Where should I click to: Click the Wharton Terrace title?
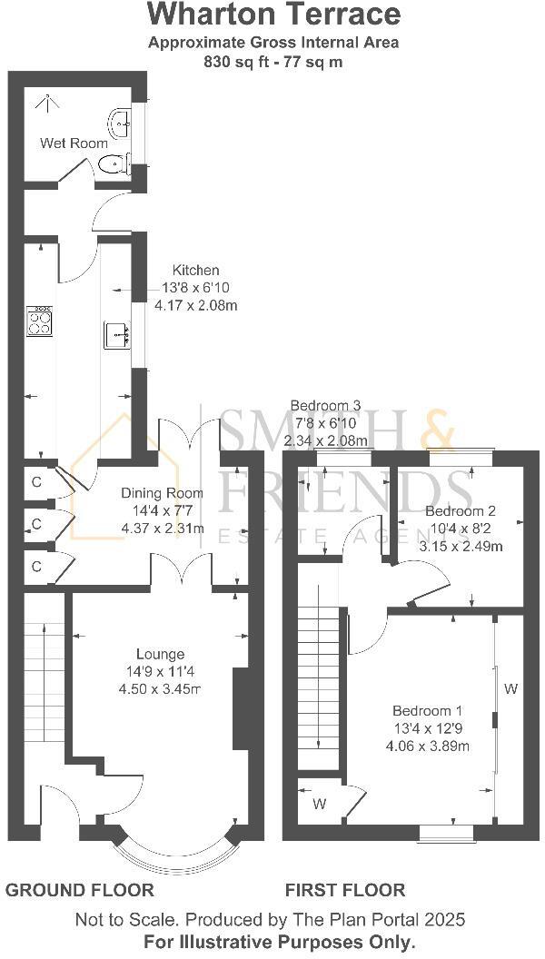pyautogui.click(x=273, y=15)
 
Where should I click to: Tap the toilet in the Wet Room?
pyautogui.click(x=112, y=164)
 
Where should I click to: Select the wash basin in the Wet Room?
pyautogui.click(x=119, y=120)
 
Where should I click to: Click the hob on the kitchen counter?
pyautogui.click(x=39, y=321)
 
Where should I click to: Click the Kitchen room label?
pyautogui.click(x=196, y=270)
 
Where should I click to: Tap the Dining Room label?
pyautogui.click(x=162, y=493)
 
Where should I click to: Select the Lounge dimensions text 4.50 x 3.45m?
pyautogui.click(x=160, y=689)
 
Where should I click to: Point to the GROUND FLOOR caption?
pyautogui.click(x=80, y=890)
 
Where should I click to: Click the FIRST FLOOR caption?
pyautogui.click(x=345, y=890)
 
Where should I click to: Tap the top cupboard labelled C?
pyautogui.click(x=36, y=482)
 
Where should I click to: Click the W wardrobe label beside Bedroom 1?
pyautogui.click(x=510, y=689)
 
